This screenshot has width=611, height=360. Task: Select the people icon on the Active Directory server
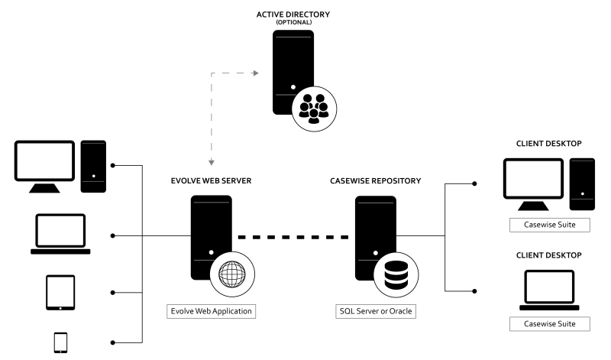[x=313, y=109]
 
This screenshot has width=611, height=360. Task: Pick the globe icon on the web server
[x=231, y=273]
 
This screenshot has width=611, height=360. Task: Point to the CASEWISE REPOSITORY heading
[x=375, y=182]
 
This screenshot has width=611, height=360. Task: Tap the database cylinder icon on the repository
[x=395, y=273]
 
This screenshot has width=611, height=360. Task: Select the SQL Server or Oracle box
[x=375, y=312]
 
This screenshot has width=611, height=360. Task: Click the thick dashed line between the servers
[x=293, y=237]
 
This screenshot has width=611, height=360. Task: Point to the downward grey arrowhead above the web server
[x=212, y=163]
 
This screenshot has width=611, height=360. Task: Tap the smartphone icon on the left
[x=60, y=343]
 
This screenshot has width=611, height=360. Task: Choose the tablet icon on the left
[x=60, y=291]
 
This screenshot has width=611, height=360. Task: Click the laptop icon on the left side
[x=60, y=235]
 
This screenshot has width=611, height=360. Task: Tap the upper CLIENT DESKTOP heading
[x=549, y=143]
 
